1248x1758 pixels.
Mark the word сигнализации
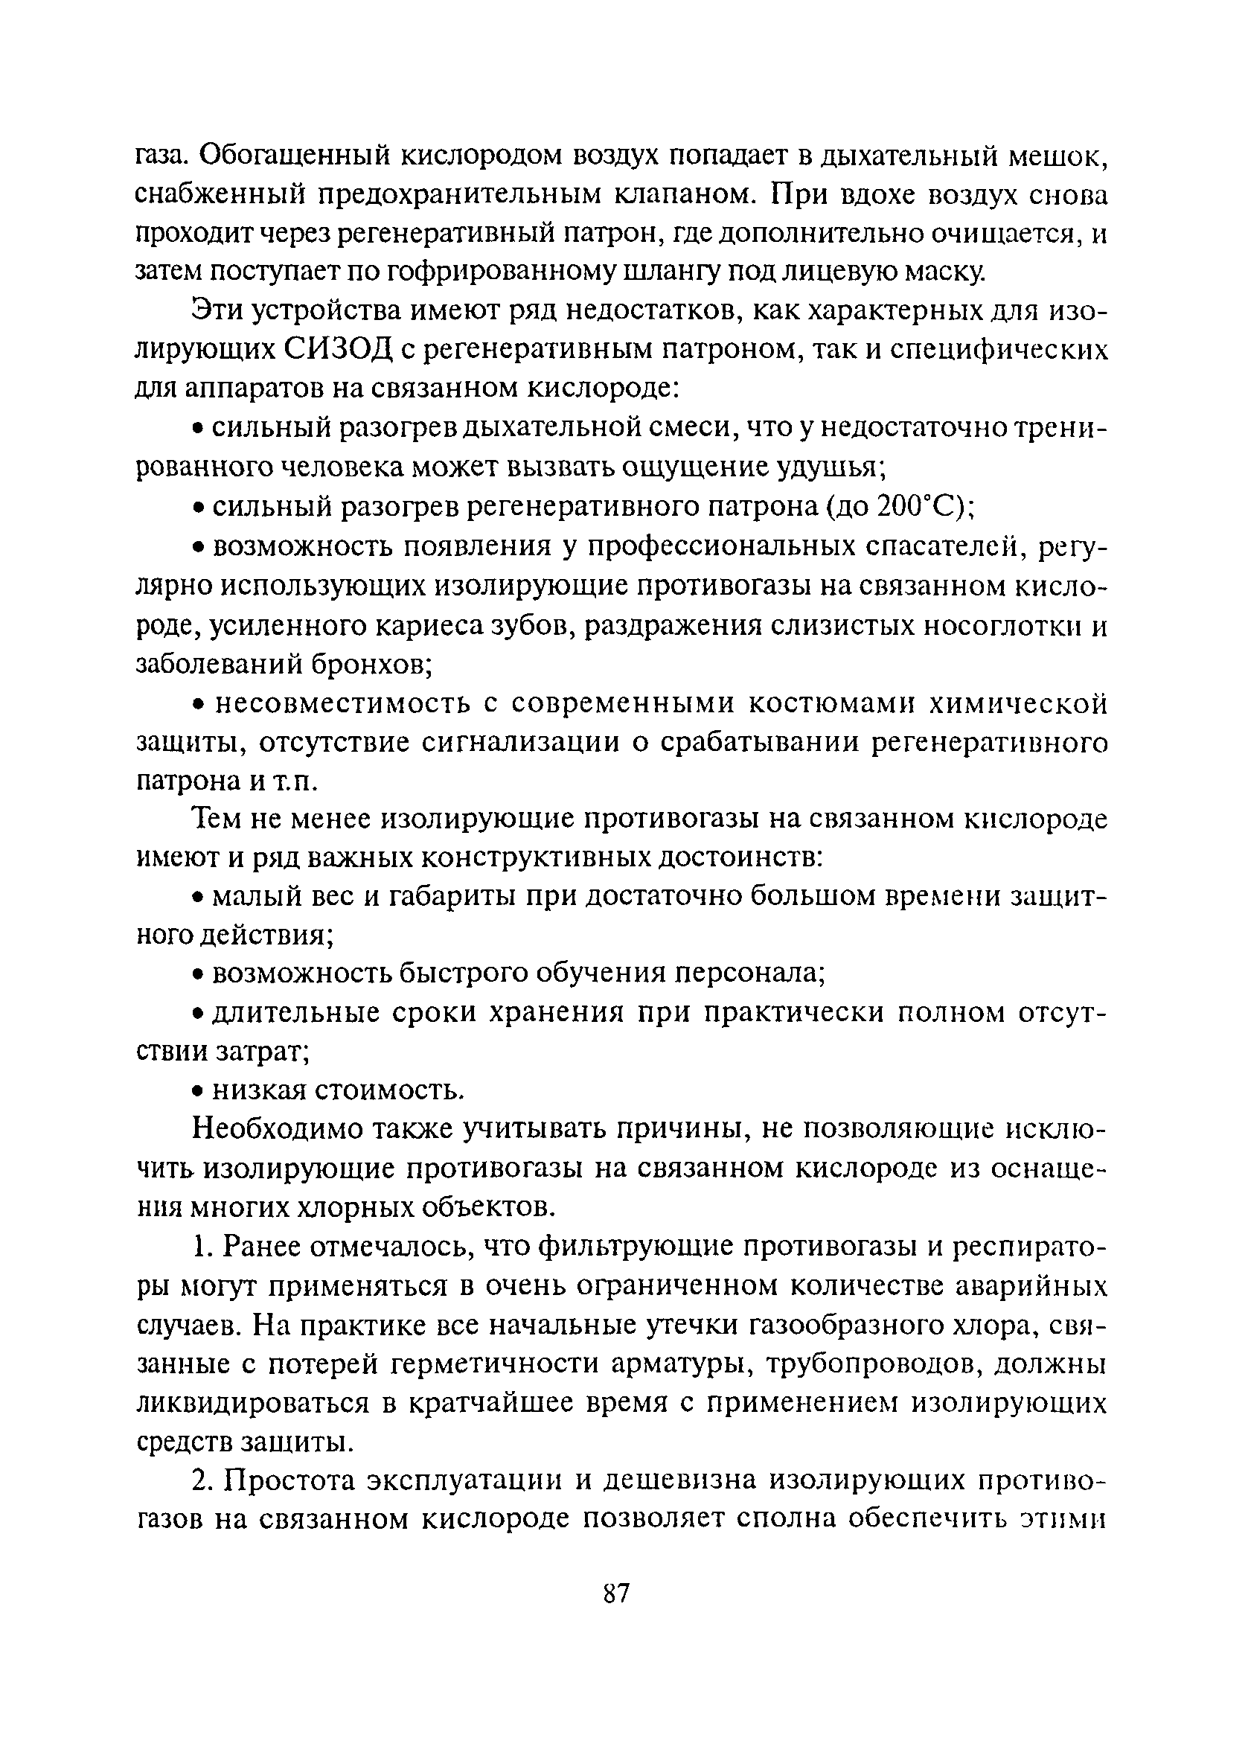(x=523, y=742)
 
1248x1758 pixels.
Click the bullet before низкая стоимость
(x=197, y=1092)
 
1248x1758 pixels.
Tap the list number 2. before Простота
(x=202, y=1480)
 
